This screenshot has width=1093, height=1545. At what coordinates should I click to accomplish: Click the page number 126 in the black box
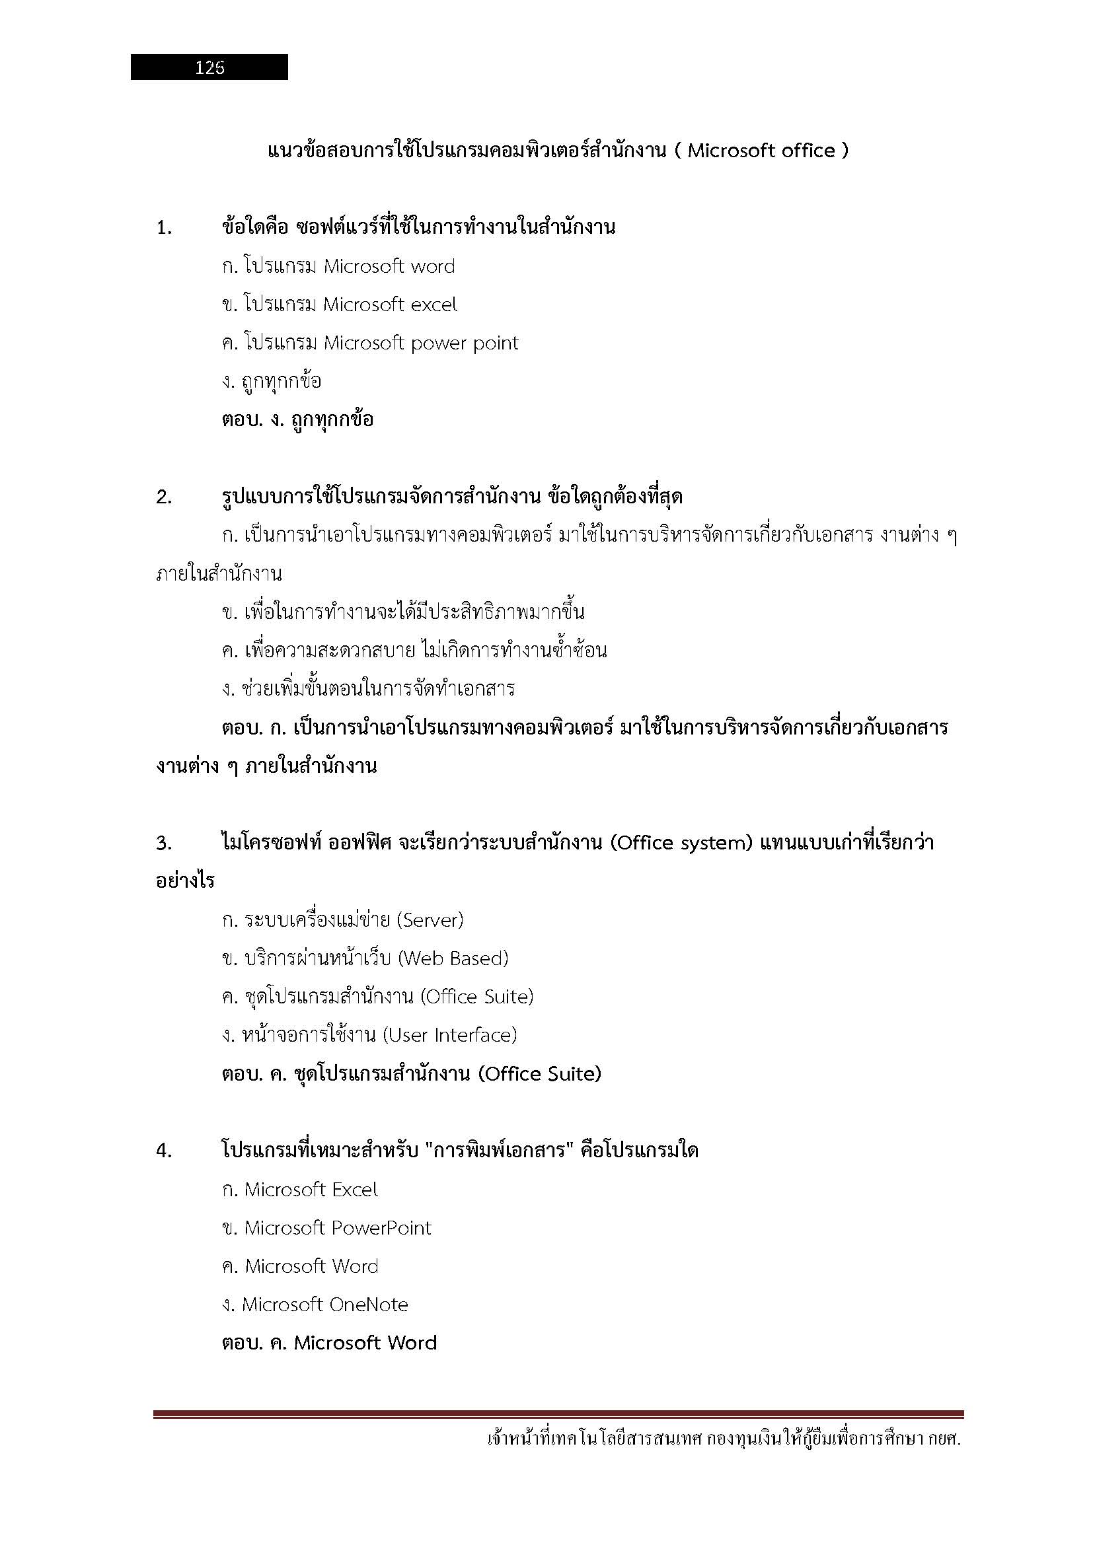pos(209,67)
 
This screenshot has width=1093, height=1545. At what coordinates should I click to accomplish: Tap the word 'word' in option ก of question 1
pos(433,266)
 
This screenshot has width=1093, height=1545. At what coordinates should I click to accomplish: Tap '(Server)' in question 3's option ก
pos(430,920)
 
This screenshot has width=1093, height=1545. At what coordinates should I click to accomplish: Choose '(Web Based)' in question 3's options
pos(453,958)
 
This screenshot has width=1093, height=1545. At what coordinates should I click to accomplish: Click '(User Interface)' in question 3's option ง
pos(449,1035)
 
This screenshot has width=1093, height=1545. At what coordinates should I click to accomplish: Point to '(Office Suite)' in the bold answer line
pos(540,1074)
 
